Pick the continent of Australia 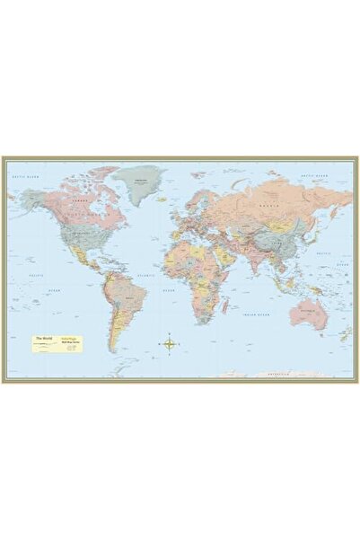(309, 312)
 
